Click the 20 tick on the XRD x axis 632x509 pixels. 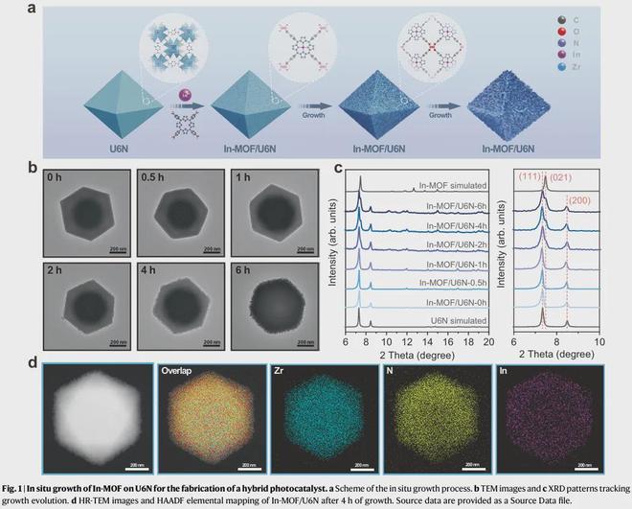[x=487, y=340]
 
